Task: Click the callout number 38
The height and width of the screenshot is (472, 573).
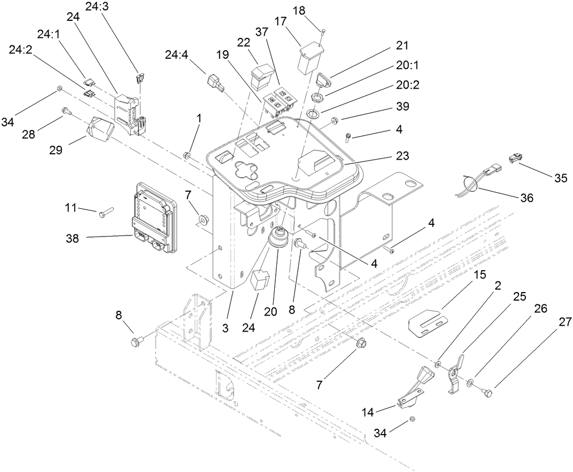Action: tap(72, 239)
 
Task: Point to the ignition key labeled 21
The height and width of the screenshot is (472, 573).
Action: tap(324, 80)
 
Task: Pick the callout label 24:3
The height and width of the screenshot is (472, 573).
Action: tap(97, 7)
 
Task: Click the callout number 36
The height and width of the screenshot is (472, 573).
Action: tap(526, 198)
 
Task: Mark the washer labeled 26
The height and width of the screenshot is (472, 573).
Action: tap(469, 383)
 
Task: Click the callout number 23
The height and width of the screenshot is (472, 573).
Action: tap(402, 156)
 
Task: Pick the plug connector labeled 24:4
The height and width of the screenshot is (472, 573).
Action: tap(215, 84)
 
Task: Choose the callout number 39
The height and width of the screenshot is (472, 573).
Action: tap(402, 106)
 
